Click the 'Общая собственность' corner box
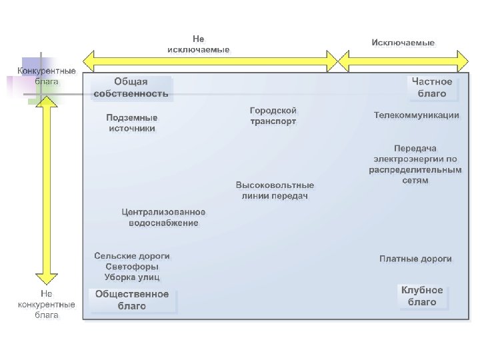tap(131, 88)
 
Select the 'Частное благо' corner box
tap(431, 88)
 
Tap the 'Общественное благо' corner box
tap(132, 300)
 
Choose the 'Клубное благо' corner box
tap(422, 297)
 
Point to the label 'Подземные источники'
tap(131, 123)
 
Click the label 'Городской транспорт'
tap(273, 116)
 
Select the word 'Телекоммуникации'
tap(416, 115)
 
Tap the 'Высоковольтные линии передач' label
tap(274, 190)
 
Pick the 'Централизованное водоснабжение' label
tap(163, 217)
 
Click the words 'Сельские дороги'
tap(131, 256)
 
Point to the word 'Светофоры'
tap(131, 267)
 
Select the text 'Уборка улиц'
tap(131, 277)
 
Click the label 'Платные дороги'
tap(415, 259)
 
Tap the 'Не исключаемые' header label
tap(198, 45)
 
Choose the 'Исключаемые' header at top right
tap(403, 43)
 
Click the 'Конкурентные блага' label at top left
tap(46, 76)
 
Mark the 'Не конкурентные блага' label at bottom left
tap(46, 304)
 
